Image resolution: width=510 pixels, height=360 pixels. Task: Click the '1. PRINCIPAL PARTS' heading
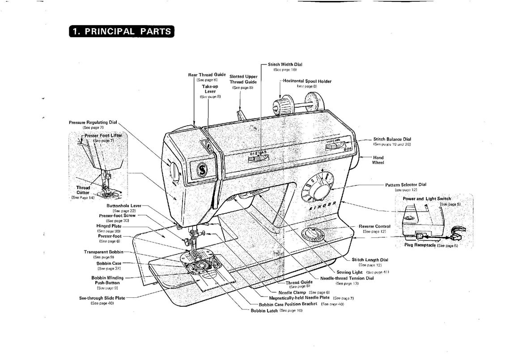121,31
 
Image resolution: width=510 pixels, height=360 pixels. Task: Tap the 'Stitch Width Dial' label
285,64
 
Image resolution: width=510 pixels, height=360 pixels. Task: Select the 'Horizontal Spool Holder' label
307,81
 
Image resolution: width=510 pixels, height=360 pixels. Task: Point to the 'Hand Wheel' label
378,160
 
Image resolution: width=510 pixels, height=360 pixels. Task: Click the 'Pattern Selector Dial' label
406,185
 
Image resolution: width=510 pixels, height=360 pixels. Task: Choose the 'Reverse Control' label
374,226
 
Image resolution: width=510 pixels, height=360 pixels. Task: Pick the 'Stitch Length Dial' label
370,260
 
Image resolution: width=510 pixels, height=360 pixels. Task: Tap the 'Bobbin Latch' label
264,310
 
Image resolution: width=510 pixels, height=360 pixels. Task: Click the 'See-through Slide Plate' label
102,298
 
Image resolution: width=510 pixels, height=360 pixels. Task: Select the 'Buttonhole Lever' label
124,206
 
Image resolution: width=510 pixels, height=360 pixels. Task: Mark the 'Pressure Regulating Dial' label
93,122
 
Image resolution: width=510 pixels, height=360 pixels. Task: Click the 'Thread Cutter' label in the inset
83,190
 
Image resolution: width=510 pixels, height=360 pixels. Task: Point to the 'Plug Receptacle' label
420,245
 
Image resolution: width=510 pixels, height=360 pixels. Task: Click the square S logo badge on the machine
202,169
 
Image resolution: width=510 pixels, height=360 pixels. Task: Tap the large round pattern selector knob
319,188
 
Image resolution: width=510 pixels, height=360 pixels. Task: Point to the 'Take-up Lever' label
209,89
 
